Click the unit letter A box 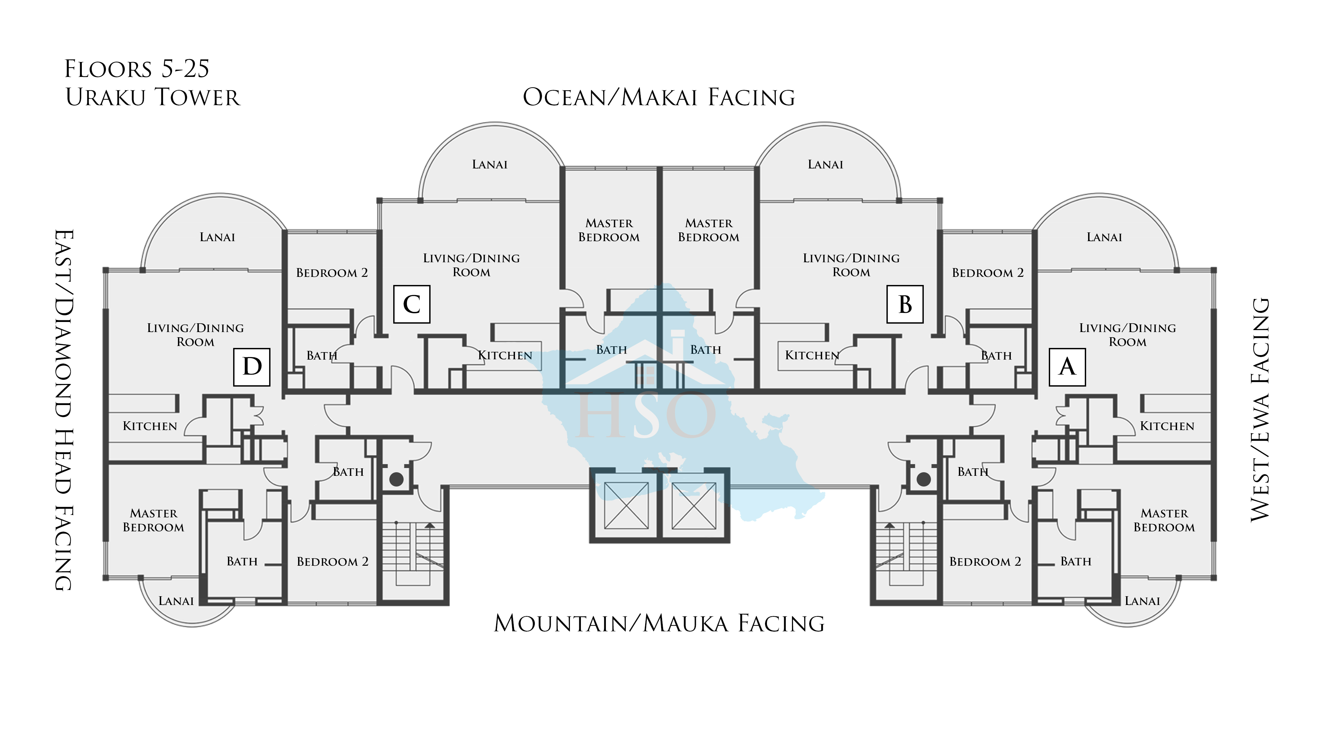pos(1067,367)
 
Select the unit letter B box pos(905,304)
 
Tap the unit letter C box pos(412,304)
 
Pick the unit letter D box pos(252,367)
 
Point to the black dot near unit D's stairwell pos(396,479)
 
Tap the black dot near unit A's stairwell pos(923,479)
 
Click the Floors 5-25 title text pos(137,69)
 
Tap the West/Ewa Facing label pos(1260,410)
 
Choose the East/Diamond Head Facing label pos(64,410)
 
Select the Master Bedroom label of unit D pos(153,520)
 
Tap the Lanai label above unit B pos(825,165)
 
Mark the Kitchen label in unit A pos(1167,426)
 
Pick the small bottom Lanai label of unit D pos(176,601)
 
